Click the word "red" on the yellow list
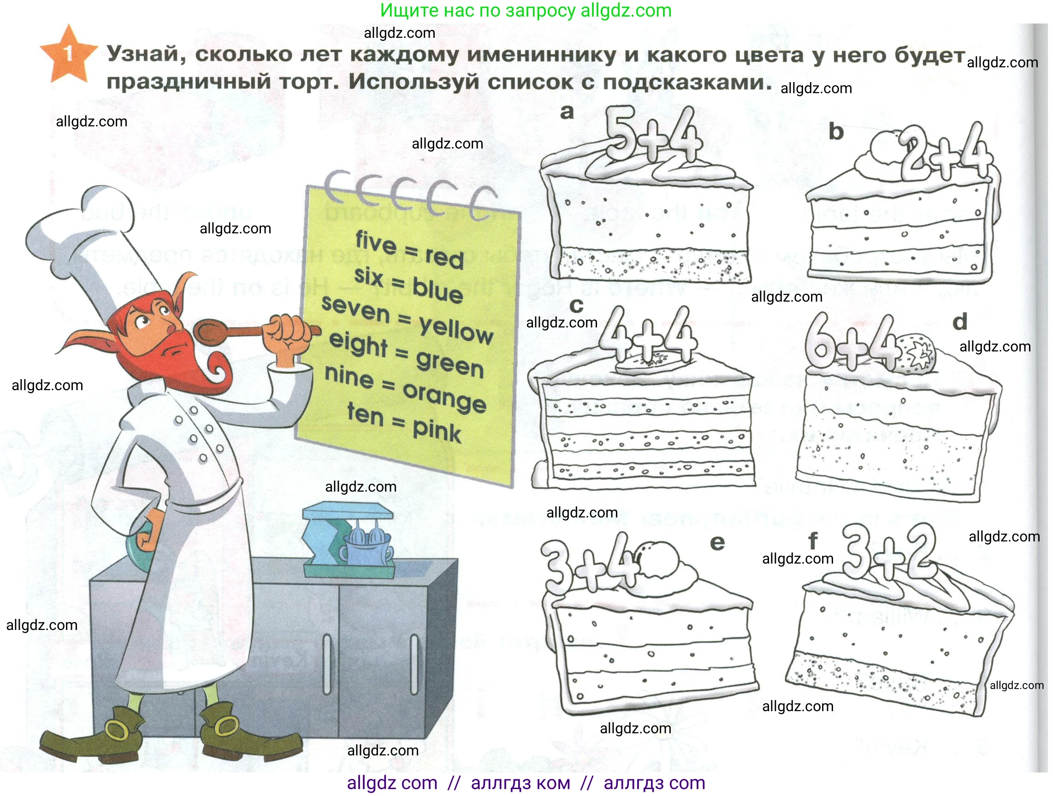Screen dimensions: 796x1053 click(444, 257)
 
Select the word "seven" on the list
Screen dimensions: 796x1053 click(355, 309)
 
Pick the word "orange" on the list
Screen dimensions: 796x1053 click(444, 398)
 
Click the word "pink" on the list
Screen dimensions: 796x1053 click(437, 431)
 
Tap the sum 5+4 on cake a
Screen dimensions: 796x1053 click(654, 135)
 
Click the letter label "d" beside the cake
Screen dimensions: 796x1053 click(960, 322)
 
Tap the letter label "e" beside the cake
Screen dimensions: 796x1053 click(717, 543)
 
